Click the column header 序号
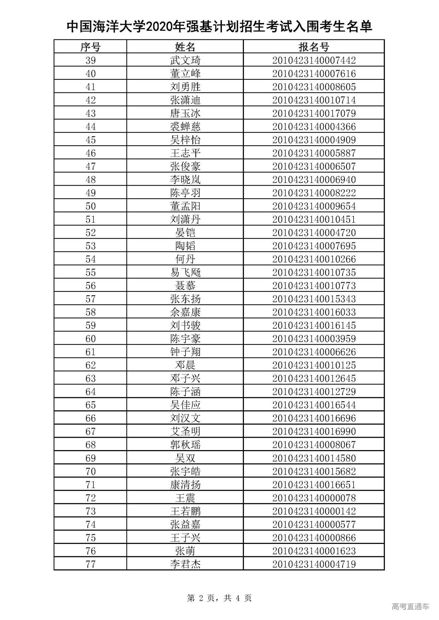[90, 47]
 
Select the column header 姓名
[185, 47]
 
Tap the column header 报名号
[314, 47]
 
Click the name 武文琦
[185, 60]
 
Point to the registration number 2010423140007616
[314, 74]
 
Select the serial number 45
[90, 140]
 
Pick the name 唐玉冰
[185, 113]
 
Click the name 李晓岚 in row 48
[185, 179]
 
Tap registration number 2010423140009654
[314, 206]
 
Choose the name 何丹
[185, 259]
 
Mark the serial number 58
[90, 312]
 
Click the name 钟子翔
[185, 352]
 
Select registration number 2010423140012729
[314, 392]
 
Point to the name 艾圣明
[185, 431]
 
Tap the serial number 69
[90, 458]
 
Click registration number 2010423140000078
[314, 498]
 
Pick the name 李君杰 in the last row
[185, 564]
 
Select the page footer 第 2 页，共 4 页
[219, 598]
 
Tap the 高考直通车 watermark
[410, 606]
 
